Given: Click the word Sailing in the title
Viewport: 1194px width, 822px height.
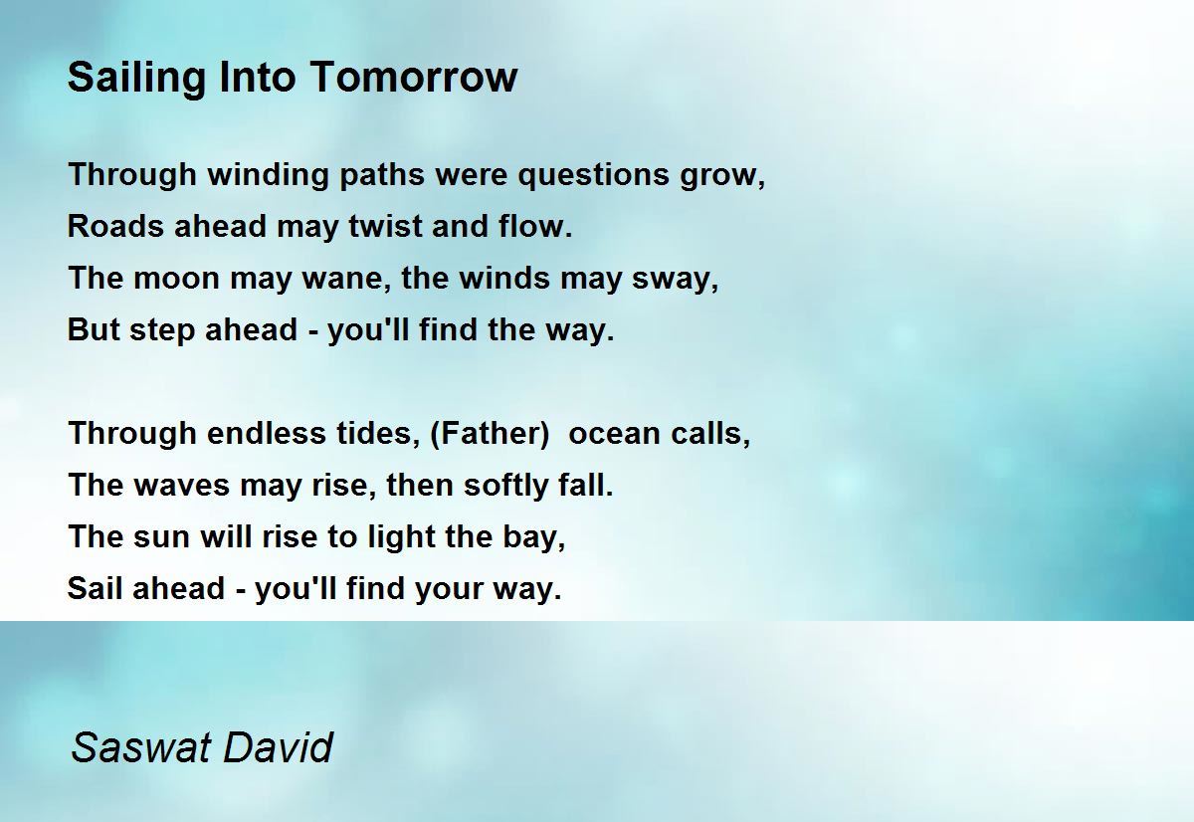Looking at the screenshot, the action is (x=136, y=79).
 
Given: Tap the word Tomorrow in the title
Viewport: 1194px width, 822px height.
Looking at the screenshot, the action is (x=414, y=77).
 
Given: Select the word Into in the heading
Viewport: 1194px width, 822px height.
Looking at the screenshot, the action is (x=258, y=77).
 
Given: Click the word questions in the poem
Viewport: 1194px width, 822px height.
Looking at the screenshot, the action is (x=593, y=175).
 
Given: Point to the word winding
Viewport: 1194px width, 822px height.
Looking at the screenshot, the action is (x=268, y=175).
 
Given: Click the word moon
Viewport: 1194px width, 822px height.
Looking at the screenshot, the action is (x=176, y=279).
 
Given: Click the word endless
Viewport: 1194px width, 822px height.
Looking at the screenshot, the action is (x=267, y=433).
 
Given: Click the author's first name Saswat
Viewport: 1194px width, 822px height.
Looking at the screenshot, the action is (x=141, y=747).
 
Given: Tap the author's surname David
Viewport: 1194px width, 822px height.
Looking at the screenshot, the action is (x=279, y=747).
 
